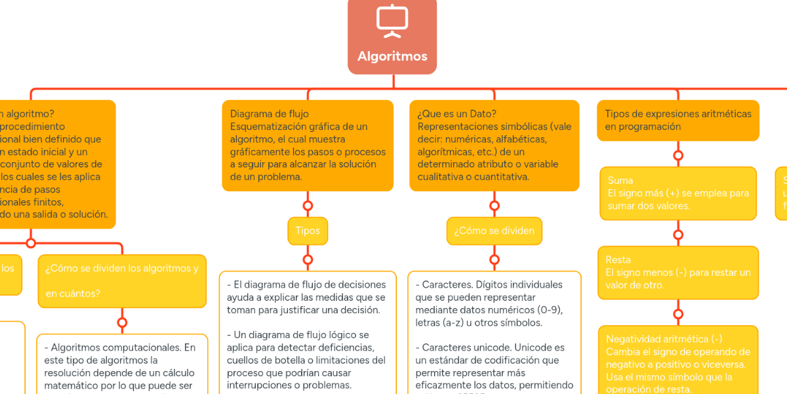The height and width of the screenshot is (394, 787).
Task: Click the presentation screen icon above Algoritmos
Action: click(x=392, y=20)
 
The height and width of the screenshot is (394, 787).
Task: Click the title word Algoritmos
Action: click(x=392, y=56)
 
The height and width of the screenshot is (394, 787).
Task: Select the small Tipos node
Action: click(x=308, y=231)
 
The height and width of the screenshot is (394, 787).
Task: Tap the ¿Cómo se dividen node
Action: click(x=494, y=231)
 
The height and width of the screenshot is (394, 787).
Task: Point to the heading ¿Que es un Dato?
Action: click(x=457, y=114)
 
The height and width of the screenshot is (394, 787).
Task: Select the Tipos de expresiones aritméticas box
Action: click(x=677, y=120)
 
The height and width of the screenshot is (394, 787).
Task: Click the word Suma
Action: click(x=620, y=181)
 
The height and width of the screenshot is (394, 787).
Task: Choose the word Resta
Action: click(x=618, y=260)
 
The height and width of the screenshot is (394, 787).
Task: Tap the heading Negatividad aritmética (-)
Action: click(x=664, y=339)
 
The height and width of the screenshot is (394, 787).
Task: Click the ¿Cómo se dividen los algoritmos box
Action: click(x=122, y=280)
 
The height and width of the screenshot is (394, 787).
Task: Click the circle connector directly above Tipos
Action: click(x=308, y=206)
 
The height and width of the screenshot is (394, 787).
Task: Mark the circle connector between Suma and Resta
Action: click(x=678, y=234)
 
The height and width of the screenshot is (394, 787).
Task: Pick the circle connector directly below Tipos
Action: click(x=308, y=258)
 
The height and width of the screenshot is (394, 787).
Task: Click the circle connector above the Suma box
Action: click(x=678, y=156)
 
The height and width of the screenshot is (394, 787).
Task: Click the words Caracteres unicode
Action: click(x=466, y=347)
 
